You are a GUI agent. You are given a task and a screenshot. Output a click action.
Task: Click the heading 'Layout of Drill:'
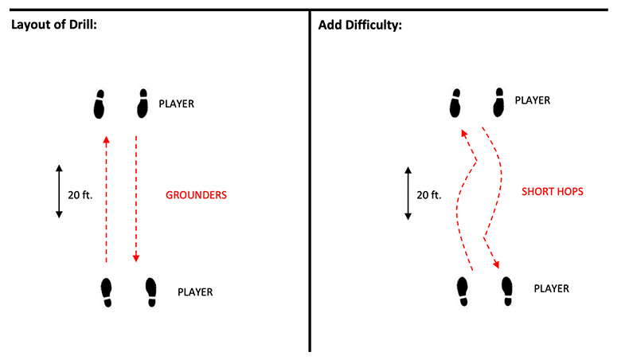54,25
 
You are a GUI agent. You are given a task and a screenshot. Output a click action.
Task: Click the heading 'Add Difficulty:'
360,25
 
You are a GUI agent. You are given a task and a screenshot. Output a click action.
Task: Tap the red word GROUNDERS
196,195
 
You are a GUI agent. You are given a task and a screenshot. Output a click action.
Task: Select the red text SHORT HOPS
553,191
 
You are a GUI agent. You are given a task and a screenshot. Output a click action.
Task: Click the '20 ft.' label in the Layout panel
80,195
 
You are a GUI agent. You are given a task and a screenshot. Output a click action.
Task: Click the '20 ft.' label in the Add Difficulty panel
429,195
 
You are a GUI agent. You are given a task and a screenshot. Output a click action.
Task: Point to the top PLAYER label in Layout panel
176,104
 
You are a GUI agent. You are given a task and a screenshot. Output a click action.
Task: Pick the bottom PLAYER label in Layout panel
195,292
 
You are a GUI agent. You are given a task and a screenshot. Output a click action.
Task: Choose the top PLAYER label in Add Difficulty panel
533,100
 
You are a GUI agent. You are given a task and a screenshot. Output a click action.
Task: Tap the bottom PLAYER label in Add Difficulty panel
551,288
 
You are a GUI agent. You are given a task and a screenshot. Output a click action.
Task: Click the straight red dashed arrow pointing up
107,199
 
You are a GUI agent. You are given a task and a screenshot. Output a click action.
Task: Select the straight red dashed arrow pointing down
136,198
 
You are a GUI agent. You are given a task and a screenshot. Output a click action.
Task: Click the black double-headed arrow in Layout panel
59,191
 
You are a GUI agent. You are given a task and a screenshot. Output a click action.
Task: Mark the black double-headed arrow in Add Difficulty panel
408,193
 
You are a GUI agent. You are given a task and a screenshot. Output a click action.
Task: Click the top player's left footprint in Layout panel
99,104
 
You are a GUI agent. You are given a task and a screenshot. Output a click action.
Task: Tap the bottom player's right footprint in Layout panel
151,292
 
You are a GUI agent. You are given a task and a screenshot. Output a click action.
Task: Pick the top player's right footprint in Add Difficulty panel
498,103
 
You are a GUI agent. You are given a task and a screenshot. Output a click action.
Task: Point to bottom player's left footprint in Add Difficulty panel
463,292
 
